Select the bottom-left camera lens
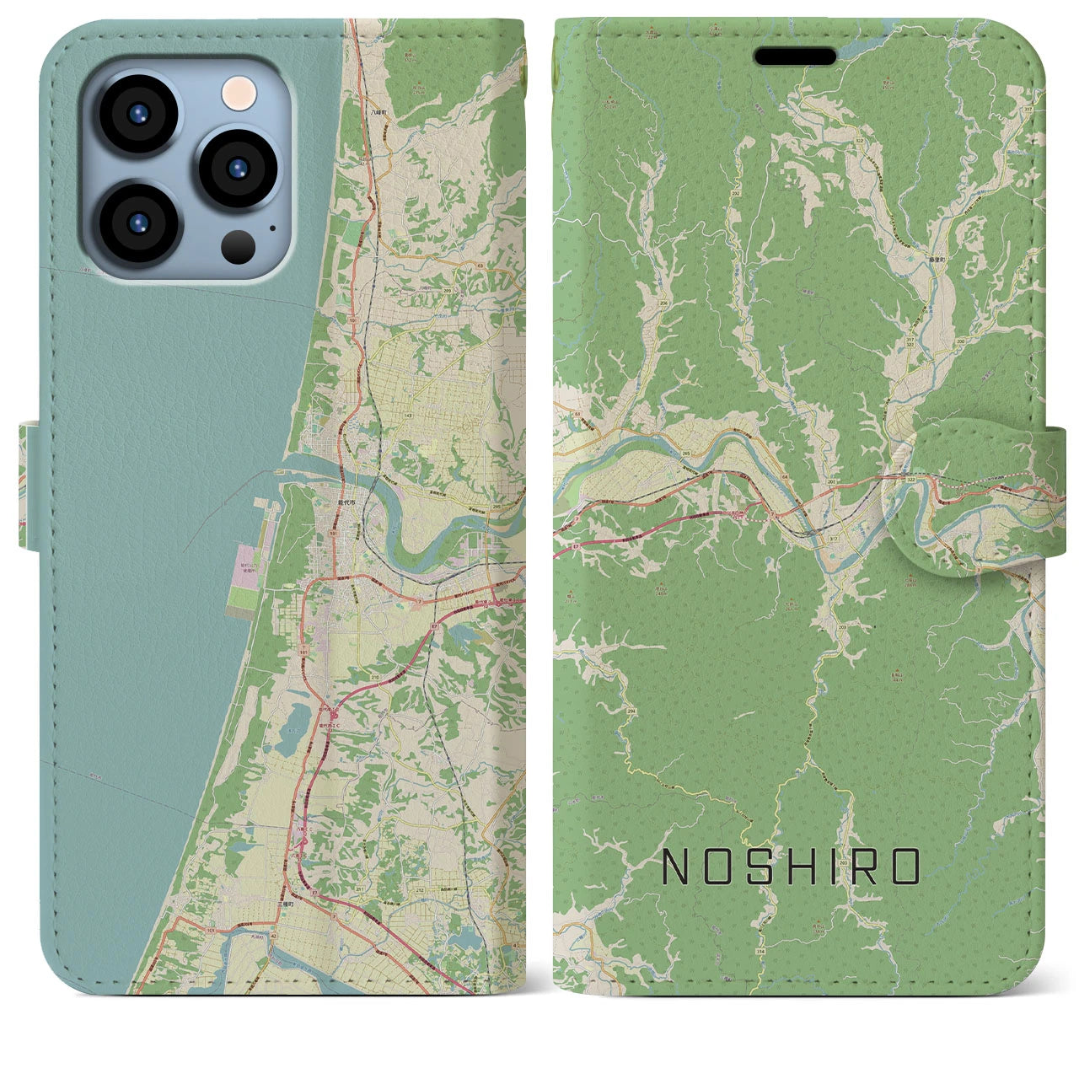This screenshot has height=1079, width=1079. [x=137, y=222]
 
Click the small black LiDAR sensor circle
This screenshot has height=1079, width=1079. [x=239, y=245]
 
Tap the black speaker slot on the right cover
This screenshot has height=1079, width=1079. [x=795, y=56]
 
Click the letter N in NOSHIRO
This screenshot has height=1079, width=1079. [x=679, y=867]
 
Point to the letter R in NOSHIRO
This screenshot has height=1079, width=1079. [x=869, y=867]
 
